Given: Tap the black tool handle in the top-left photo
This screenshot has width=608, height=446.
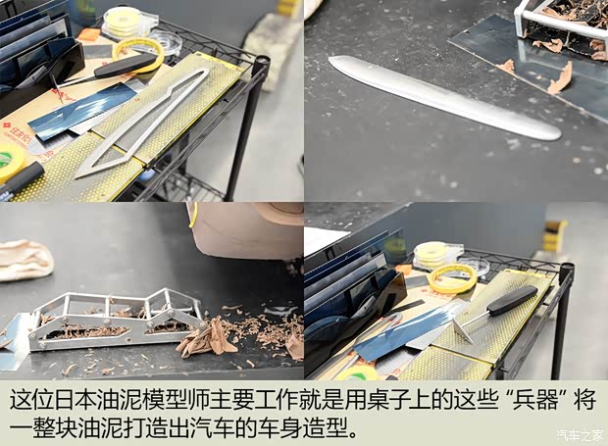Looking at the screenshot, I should click(x=125, y=65).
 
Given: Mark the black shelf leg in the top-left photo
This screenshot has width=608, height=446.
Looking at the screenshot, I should click(x=245, y=127).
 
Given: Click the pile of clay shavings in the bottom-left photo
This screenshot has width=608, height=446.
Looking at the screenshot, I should click(x=211, y=338).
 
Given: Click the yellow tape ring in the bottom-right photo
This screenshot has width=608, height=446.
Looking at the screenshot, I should click(x=451, y=278).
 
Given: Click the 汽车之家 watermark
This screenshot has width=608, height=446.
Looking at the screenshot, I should click(x=581, y=435).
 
